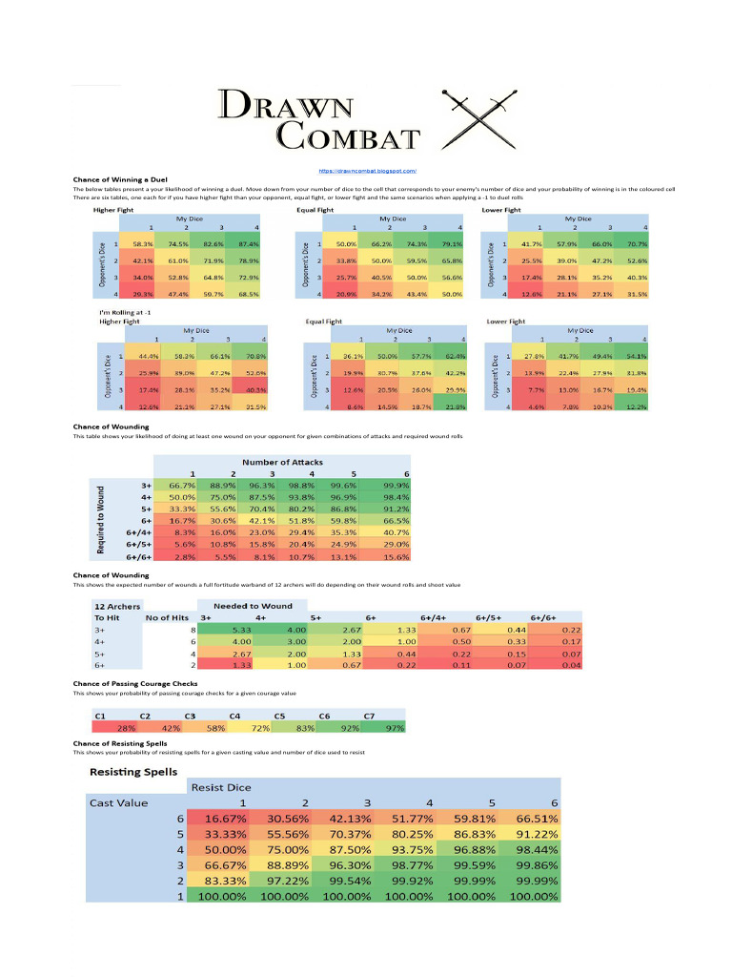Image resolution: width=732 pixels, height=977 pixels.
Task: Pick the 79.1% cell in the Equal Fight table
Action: pyautogui.click(x=452, y=245)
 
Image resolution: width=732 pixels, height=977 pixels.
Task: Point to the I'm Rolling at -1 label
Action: pyautogui.click(x=126, y=313)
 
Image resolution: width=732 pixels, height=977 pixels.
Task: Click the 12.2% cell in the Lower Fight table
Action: pyautogui.click(x=636, y=406)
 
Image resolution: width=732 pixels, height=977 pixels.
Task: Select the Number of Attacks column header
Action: pyautogui.click(x=281, y=462)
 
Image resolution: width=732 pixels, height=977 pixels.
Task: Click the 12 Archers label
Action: pyautogui.click(x=117, y=606)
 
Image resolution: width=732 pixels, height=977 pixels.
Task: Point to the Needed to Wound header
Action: pyautogui.click(x=253, y=606)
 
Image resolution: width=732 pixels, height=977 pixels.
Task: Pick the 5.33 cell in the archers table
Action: pyautogui.click(x=241, y=630)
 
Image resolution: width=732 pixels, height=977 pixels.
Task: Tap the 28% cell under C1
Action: pyautogui.click(x=127, y=728)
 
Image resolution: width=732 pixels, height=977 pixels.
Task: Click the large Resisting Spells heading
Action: pyautogui.click(x=133, y=771)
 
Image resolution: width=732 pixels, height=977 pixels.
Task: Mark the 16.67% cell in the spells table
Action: pyautogui.click(x=221, y=819)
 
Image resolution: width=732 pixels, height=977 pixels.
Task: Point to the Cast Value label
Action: pyautogui.click(x=119, y=802)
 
